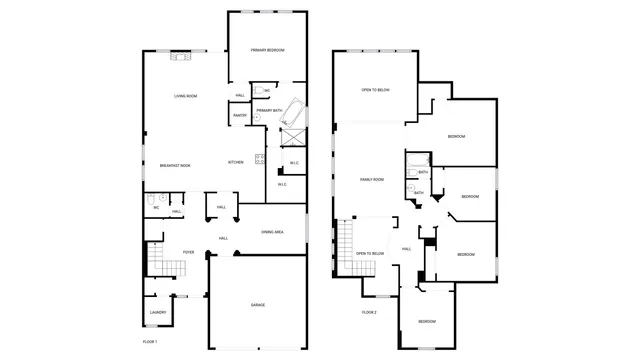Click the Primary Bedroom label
pos(267,50)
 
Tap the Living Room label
pos(185,96)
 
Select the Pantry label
pos(240,115)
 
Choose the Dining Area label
pos(272,232)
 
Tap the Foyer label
pos(187,252)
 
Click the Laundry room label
pos(158,312)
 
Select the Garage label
pos(257,305)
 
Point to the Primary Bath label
pos(269,110)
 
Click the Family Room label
pos(372,179)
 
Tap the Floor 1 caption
pos(150,342)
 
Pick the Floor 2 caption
pos(369,313)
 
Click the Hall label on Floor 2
pos(406,248)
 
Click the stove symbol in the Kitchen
pos(259,157)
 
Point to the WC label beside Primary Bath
pos(267,90)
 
